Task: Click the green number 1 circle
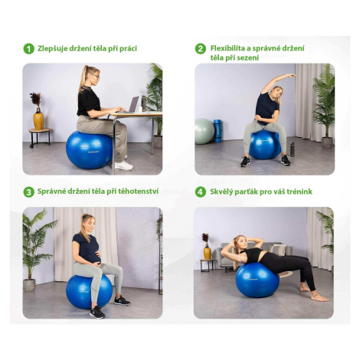(29, 48)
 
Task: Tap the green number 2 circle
(201, 48)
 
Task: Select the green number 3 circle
(29, 192)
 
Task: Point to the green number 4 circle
(201, 192)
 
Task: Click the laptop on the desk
(130, 105)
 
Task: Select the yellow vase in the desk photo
(38, 119)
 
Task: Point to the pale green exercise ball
(205, 131)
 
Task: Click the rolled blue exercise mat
(218, 131)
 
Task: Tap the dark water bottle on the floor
(293, 149)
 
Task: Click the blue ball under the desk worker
(89, 150)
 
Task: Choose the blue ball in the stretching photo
(265, 145)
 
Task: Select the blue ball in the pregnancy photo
(89, 292)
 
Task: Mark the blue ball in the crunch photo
(257, 280)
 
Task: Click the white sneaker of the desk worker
(124, 165)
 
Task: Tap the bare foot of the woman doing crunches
(319, 297)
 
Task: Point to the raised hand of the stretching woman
(291, 75)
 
